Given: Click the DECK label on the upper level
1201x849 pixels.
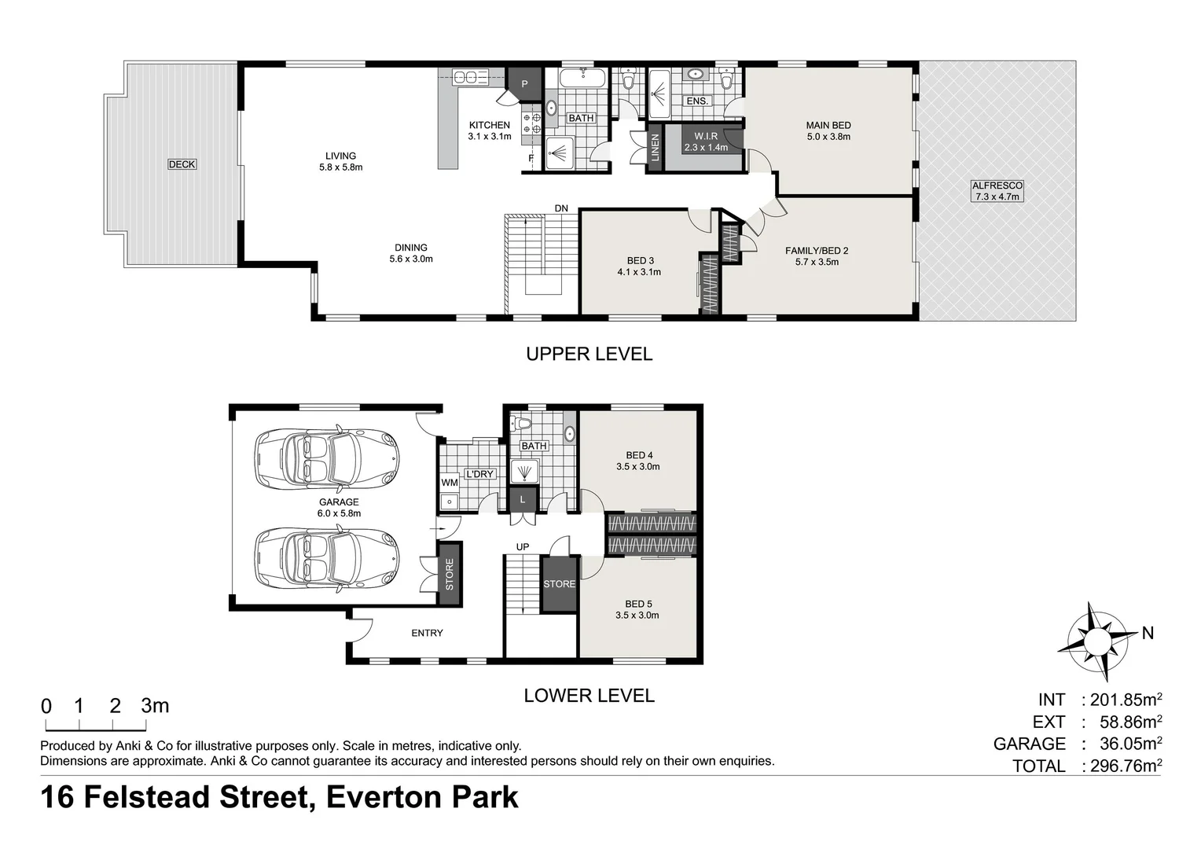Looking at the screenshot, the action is click(182, 164).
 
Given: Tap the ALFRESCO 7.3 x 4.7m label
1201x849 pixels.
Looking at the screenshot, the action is click(997, 191).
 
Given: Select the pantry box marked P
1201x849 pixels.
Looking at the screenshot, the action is click(524, 84).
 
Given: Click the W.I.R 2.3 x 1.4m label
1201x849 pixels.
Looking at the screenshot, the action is click(706, 141).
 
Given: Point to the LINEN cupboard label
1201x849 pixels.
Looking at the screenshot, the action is click(655, 147).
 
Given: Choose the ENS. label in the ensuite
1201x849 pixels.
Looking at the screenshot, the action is click(697, 101).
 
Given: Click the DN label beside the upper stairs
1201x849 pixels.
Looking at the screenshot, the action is click(561, 208).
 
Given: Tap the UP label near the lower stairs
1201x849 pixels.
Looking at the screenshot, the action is click(522, 546).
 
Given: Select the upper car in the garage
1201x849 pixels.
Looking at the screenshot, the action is click(326, 459).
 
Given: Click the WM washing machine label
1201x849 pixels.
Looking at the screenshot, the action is click(450, 483).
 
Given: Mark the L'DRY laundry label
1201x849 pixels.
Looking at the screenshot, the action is click(479, 474).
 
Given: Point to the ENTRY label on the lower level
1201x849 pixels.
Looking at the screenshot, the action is click(428, 633).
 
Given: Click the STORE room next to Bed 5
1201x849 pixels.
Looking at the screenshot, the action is click(559, 584).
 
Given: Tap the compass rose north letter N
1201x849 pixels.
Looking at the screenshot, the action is click(1148, 634).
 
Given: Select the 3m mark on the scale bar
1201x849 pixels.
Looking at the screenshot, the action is click(155, 706).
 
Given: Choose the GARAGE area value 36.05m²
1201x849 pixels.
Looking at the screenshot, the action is click(1131, 744).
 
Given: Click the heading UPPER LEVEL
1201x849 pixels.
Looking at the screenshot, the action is click(589, 354).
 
